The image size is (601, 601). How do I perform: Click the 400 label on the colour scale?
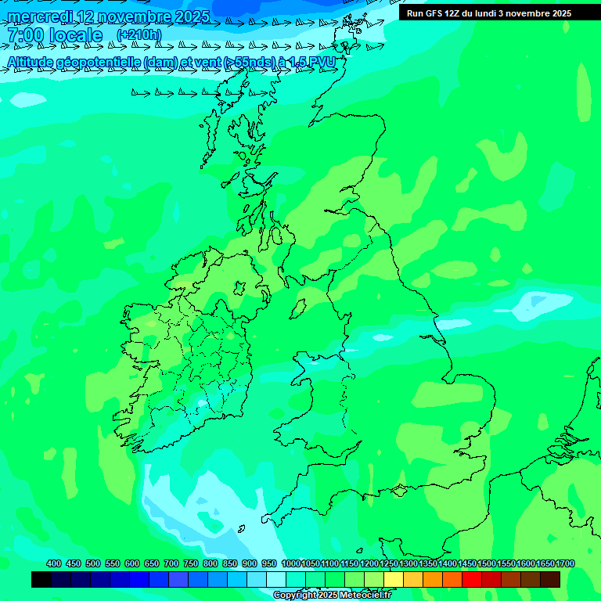click(x=54, y=563)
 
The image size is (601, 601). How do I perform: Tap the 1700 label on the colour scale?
click(x=565, y=563)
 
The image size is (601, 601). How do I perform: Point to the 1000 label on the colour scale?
click(x=291, y=563)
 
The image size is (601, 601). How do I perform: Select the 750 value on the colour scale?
click(x=191, y=563)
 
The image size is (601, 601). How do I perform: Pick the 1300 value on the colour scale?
click(x=408, y=563)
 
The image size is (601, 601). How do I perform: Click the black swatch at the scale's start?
click(x=41, y=579)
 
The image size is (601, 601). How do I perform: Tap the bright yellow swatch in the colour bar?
click(x=394, y=579)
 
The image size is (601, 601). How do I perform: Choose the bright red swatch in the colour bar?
click(x=472, y=579)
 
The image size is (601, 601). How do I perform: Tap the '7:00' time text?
click(x=24, y=36)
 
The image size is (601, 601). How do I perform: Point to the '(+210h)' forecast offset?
click(x=139, y=35)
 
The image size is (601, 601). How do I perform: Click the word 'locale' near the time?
click(x=75, y=36)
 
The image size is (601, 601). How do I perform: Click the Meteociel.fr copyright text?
click(x=332, y=596)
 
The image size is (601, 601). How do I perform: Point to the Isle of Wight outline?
click(x=400, y=491)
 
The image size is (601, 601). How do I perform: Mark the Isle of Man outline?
click(x=298, y=308)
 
